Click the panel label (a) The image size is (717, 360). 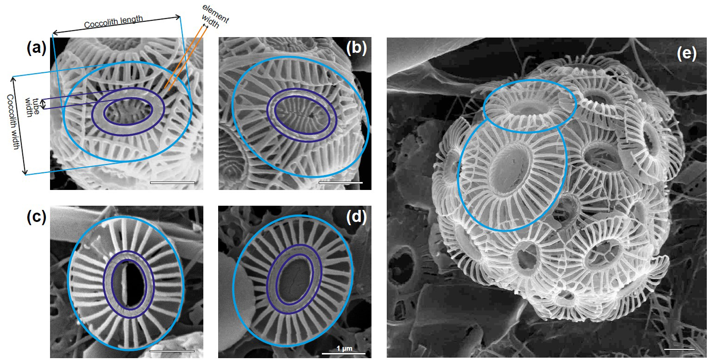point(37,48)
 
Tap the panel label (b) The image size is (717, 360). point(356,48)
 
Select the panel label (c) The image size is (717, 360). point(37,217)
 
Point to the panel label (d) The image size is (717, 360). point(356,217)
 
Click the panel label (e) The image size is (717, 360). point(686,53)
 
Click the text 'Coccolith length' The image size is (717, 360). point(113,22)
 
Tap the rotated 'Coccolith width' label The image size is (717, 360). point(13,122)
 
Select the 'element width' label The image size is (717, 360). point(215,17)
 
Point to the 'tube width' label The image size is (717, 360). point(32,107)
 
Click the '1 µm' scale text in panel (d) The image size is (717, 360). point(345,348)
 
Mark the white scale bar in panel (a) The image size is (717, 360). point(172,183)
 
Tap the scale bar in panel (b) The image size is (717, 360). point(341,183)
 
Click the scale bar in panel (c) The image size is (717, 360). point(172,351)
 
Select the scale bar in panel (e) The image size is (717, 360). point(679,349)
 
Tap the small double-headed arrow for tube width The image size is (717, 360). point(44,104)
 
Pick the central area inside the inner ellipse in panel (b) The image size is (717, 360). point(302,115)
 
